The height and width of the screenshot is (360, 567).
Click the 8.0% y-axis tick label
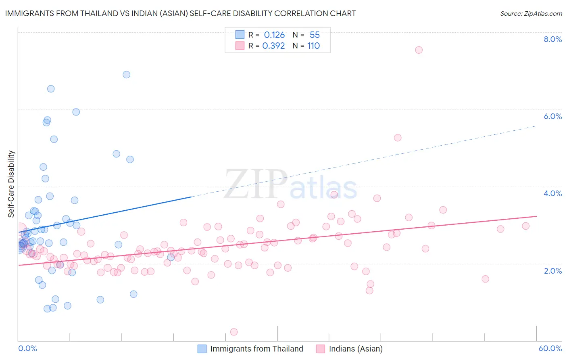click(552, 39)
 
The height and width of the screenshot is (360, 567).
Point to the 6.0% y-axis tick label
click(552, 116)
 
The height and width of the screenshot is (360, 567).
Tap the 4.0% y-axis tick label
click(552, 193)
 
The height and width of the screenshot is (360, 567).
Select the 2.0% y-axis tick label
click(552, 271)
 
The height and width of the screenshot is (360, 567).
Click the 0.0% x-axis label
click(27, 348)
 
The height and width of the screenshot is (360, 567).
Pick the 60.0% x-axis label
click(550, 348)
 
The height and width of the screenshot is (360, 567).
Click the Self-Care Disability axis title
click(11, 184)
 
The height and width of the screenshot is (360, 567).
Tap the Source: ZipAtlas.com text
click(531, 14)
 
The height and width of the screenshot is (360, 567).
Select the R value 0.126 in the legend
click(274, 35)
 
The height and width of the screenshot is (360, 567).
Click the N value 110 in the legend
click(313, 46)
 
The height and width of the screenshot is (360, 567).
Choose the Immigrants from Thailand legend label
click(256, 349)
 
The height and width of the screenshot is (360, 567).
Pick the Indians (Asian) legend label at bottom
click(356, 349)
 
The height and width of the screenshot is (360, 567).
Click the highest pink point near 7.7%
click(419, 50)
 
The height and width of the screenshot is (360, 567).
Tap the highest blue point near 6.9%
click(126, 75)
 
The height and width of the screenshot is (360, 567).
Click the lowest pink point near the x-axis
click(234, 332)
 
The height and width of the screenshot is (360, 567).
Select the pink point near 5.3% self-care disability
click(398, 138)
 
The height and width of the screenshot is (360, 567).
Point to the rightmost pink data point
click(525, 226)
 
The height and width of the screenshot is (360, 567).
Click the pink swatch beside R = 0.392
click(240, 46)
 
